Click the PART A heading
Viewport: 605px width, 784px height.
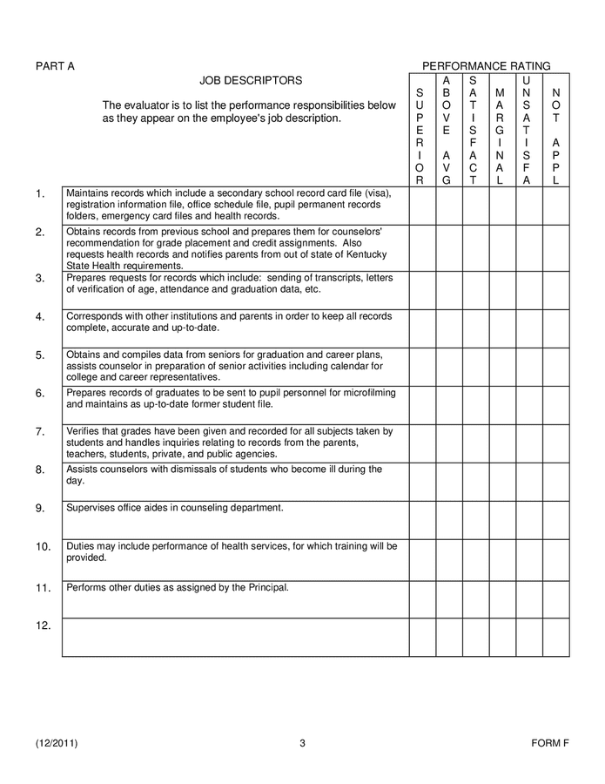[x=55, y=66]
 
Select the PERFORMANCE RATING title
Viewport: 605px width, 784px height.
[x=486, y=66]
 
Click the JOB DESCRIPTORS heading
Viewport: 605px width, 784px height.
[x=251, y=81]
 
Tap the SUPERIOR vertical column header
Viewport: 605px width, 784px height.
[x=420, y=136]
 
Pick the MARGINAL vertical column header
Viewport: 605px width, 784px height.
[x=500, y=136]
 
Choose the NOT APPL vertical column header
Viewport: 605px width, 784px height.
[x=556, y=136]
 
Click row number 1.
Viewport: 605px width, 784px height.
[x=40, y=194]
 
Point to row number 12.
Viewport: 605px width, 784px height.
[x=44, y=625]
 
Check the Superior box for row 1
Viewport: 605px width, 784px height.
[x=422, y=205]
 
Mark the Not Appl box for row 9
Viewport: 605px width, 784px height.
[x=556, y=519]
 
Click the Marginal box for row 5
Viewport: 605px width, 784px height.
[x=502, y=366]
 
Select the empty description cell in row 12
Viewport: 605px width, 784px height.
[x=235, y=637]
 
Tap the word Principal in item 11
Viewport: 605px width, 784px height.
[x=266, y=587]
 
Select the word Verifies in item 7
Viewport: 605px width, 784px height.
[x=84, y=430]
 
